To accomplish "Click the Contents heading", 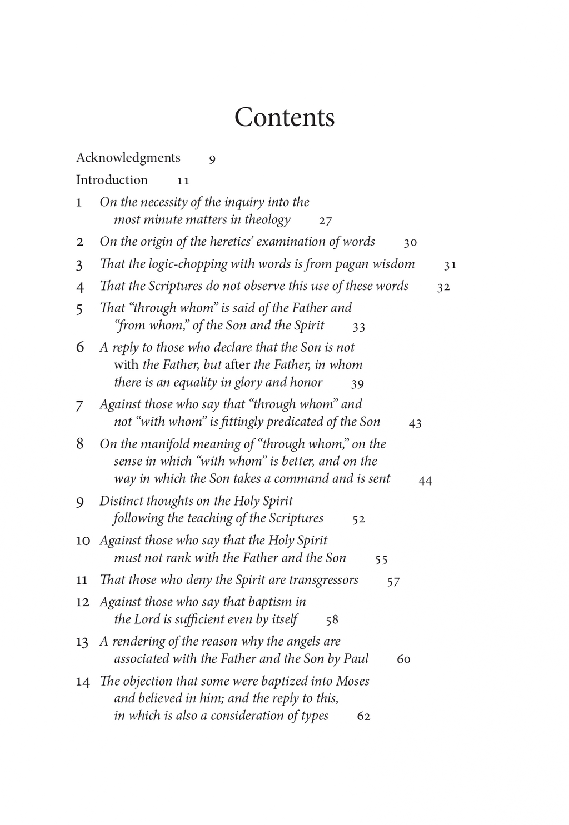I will [284, 117].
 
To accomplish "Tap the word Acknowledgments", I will [128, 158].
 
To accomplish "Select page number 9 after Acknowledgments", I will [212, 160].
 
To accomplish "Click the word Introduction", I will [112, 180].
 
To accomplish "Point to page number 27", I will [326, 221].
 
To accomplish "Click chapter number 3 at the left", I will [79, 265].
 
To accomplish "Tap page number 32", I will [443, 288].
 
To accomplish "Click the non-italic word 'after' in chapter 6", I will [237, 365].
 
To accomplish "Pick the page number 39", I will [357, 384].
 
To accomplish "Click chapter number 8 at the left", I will [80, 443].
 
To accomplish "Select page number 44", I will [425, 481].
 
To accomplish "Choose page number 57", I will [393, 582].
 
